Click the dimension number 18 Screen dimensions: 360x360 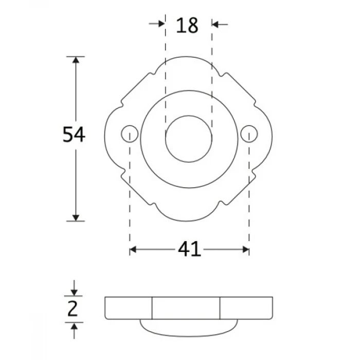pos(187,25)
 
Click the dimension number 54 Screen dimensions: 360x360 pos(74,134)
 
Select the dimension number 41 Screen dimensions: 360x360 pos(189,249)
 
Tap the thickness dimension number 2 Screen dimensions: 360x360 pos(73,309)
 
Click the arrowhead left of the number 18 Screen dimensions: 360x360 pos(161,24)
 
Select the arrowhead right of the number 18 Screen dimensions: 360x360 pos(215,24)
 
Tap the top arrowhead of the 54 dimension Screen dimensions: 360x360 pos(76,60)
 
